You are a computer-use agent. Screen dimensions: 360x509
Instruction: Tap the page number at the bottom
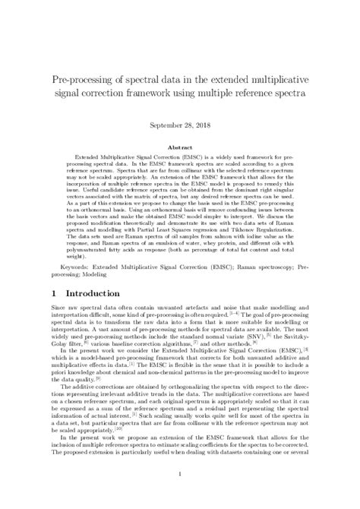pyautogui.click(x=180, y=475)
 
